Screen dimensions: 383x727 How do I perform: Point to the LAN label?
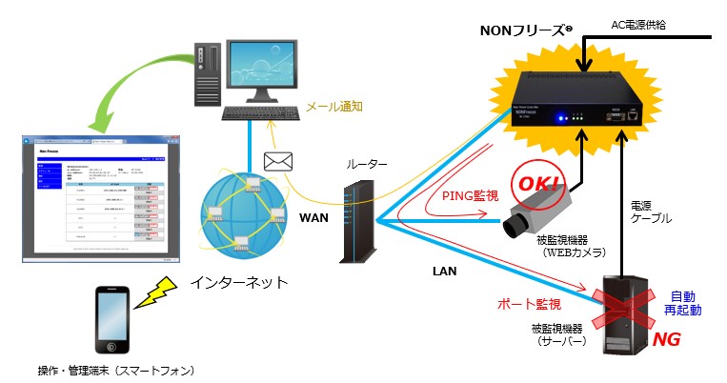445,271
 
